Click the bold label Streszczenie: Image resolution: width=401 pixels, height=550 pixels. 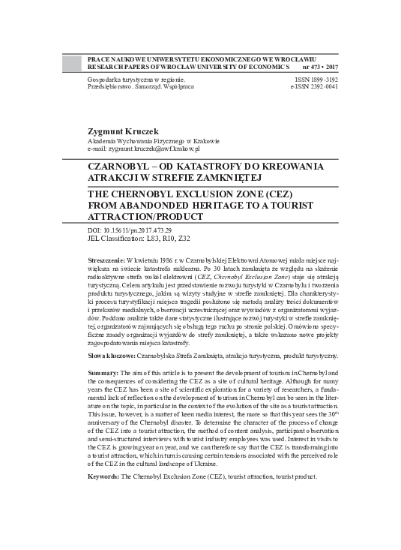(x=109, y=257)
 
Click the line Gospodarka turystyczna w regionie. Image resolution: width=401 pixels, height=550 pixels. (x=136, y=78)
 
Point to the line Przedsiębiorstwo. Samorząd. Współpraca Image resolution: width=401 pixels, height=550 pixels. (x=140, y=86)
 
